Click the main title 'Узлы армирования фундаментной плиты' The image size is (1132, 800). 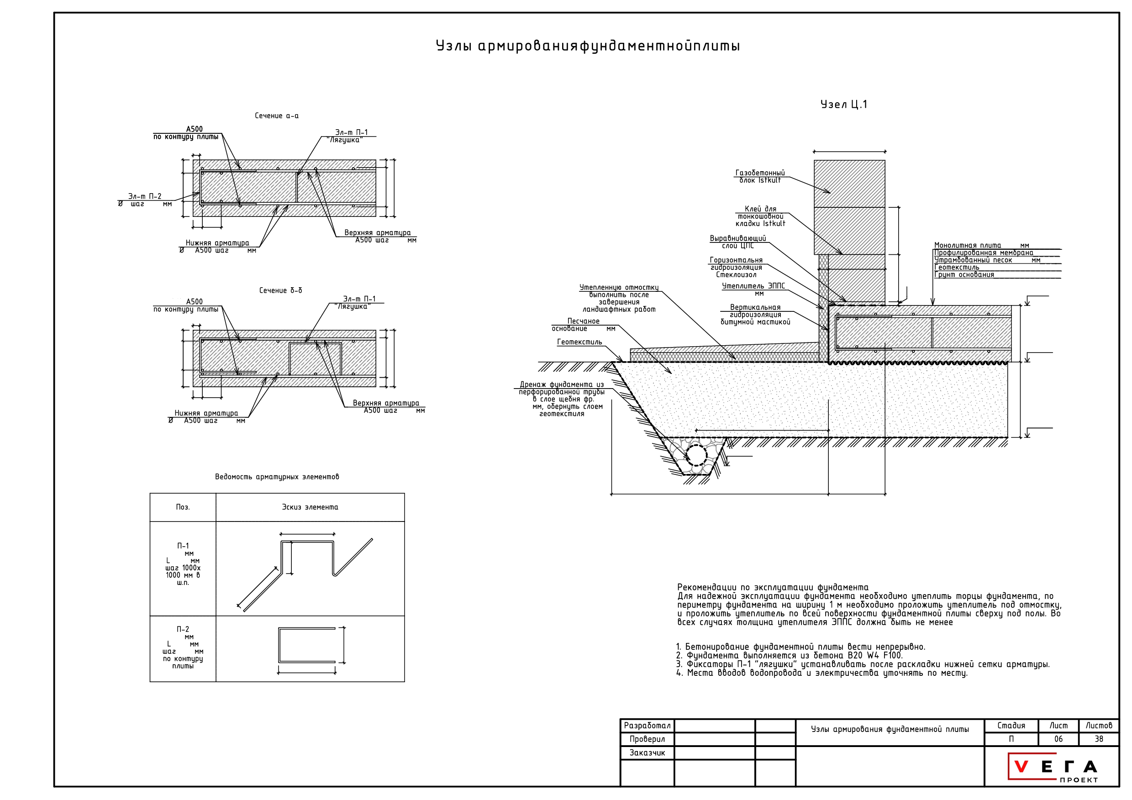[588, 46]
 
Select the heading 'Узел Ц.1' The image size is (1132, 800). [843, 105]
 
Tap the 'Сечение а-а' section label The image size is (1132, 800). [277, 116]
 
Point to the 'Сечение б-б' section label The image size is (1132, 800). [280, 291]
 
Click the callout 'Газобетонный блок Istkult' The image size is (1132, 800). [760, 176]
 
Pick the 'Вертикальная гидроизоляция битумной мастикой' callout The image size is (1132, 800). [755, 315]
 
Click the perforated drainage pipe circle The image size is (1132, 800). [696, 455]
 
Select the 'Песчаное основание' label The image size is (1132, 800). [583, 325]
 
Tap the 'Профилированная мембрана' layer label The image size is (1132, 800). [984, 253]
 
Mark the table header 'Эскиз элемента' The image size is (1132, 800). [310, 507]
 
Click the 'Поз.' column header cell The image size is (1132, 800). [183, 507]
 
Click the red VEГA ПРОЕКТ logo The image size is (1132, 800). [1054, 767]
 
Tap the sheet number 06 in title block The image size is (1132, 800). [1058, 739]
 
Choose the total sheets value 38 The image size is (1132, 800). [1099, 739]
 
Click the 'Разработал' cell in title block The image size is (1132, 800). [648, 726]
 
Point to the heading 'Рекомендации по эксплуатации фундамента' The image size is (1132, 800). [773, 588]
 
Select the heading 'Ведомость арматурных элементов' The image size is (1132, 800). [277, 477]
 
